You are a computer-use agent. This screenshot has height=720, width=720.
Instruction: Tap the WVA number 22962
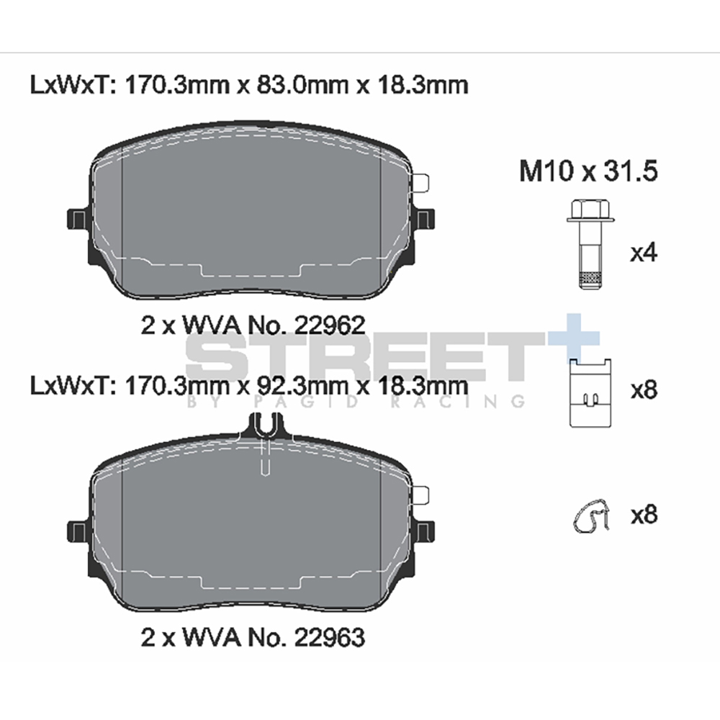click(329, 325)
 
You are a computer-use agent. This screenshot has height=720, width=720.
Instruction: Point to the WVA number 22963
click(329, 637)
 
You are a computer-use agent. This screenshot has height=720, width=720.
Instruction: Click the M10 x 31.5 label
click(588, 171)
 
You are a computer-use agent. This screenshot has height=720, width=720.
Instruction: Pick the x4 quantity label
click(644, 253)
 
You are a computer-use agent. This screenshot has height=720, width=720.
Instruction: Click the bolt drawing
click(590, 244)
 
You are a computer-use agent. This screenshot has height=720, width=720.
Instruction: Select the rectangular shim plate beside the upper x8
click(590, 393)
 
